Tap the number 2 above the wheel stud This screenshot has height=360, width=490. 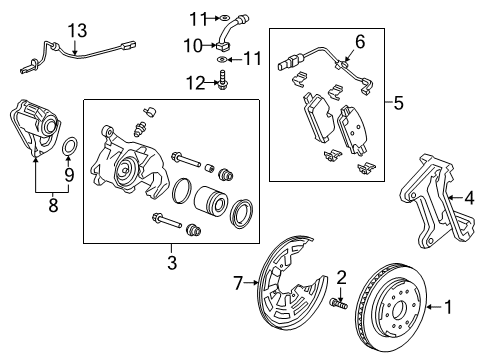point(341,277)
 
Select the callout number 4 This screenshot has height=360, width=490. point(469,197)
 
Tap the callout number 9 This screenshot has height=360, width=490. point(68,174)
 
